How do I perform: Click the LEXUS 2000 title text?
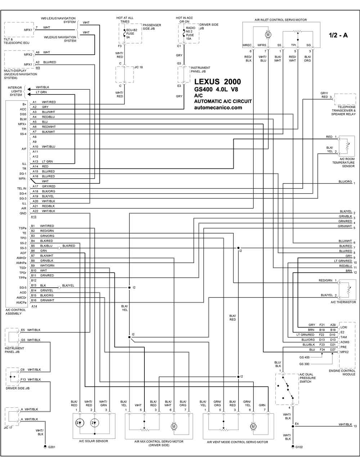coord(217,82)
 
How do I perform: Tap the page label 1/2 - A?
coord(338,35)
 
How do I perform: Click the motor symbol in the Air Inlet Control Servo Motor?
coord(268,35)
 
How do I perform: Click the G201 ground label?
coord(51,447)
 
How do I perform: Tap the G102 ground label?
coord(299,447)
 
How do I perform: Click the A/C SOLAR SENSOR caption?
coord(94,441)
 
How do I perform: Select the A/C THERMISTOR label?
coord(343,302)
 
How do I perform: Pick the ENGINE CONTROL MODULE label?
coord(342,372)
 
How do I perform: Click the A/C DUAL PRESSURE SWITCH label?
coord(306,378)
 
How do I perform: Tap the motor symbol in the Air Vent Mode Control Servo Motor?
coord(253,426)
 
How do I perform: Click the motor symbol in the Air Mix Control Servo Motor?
coord(174,426)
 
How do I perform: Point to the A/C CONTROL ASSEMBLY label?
coord(15,312)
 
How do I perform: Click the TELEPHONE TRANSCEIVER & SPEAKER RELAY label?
coord(343,111)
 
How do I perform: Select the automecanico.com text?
coord(218,107)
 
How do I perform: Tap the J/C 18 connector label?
coord(139,67)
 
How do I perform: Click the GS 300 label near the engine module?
coord(304,364)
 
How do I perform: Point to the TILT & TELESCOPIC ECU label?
coord(17,41)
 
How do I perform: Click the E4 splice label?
coord(297,424)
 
